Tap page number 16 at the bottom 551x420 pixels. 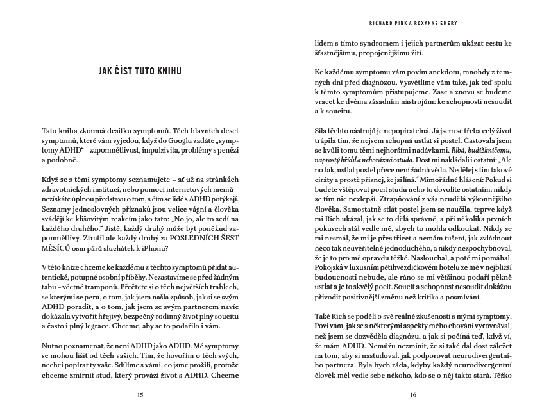[x=412, y=394]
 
